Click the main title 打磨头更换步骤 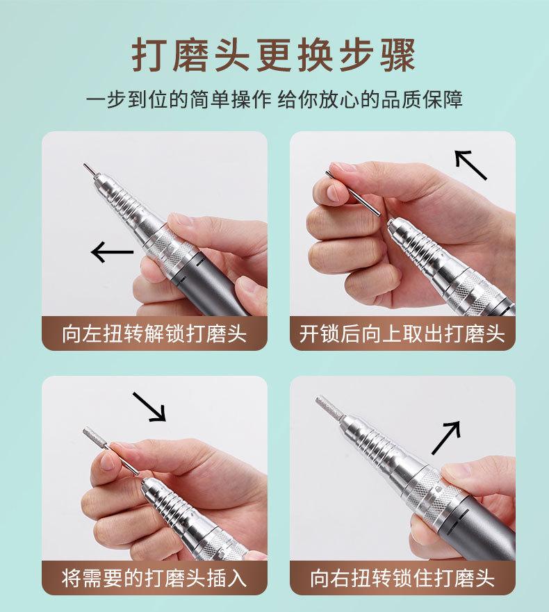point(273,55)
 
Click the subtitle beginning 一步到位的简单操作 point(274,99)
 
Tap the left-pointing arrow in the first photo point(112,251)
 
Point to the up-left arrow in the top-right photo point(471,165)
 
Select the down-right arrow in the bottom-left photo point(149,407)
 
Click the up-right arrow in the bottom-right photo point(446,438)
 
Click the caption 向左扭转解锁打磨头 point(154,333)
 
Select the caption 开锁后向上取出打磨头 point(402,333)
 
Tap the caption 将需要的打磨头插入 point(154,578)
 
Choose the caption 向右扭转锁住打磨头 point(402,578)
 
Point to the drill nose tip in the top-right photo point(391,223)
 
